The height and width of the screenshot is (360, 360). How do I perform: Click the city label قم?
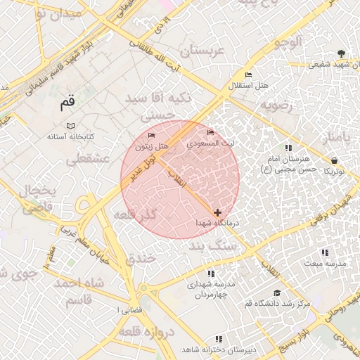pos(67,103)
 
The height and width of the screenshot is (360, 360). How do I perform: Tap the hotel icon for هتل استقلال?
pos(248,75)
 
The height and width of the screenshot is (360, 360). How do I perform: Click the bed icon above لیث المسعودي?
pos(210,132)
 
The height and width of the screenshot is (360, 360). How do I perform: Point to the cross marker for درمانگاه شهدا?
pos(217,212)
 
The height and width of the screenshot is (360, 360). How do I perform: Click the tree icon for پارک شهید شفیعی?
pos(341,53)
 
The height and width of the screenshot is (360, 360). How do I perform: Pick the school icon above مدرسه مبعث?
pos(324,252)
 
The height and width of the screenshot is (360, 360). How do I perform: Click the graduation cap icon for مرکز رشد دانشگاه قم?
pos(277,292)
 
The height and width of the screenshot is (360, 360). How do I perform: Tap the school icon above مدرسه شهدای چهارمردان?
pos(210,274)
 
